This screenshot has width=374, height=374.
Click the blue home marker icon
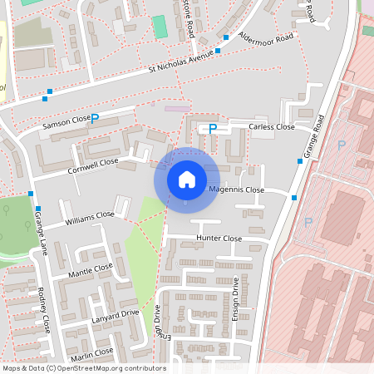click(x=186, y=180)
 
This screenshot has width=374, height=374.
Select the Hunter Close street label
click(x=219, y=239)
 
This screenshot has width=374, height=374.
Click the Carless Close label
click(x=272, y=127)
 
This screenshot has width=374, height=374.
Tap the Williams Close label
click(x=90, y=219)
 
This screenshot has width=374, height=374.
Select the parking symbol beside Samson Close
click(x=94, y=119)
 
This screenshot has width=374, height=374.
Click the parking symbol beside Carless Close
click(x=212, y=129)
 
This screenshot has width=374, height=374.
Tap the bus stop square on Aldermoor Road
click(x=226, y=37)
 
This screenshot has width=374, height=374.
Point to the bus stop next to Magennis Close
click(x=293, y=197)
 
